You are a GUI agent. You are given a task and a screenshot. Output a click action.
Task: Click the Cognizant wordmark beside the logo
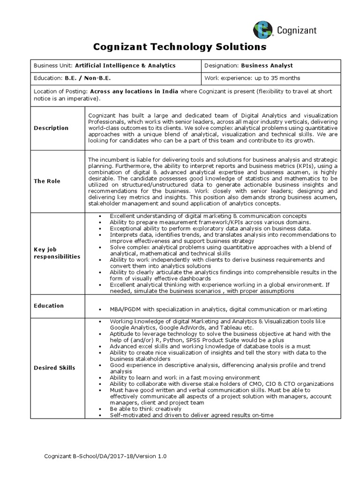tap(295, 30)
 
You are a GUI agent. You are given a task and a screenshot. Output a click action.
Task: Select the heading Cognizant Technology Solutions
tap(180, 47)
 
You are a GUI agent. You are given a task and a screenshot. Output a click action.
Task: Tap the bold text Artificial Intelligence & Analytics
tap(126, 66)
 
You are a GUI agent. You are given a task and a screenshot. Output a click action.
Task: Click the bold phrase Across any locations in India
tap(134, 92)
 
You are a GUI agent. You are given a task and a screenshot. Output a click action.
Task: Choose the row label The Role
tap(47, 181)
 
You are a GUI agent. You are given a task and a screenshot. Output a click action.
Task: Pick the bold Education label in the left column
tap(49, 306)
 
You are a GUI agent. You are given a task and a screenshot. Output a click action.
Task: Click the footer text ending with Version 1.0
tap(105, 456)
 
